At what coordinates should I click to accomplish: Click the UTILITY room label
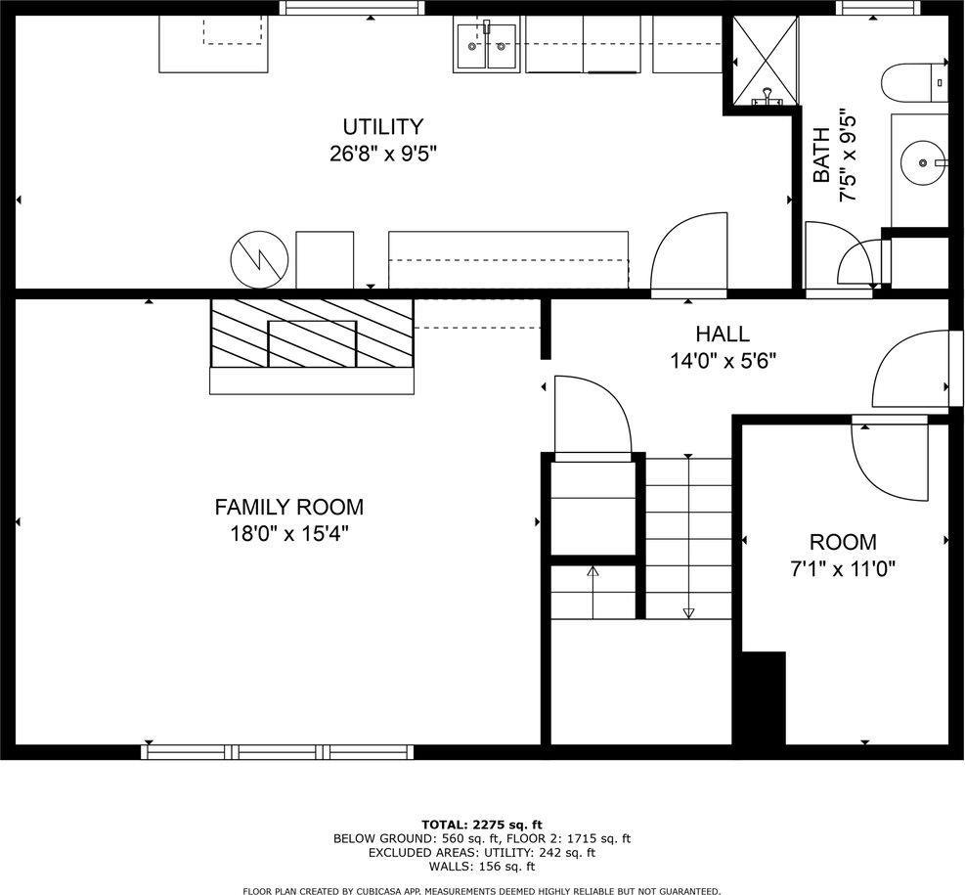(382, 126)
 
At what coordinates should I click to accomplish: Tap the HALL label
(723, 335)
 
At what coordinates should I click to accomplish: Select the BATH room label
(822, 156)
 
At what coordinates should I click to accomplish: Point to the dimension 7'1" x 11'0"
(842, 566)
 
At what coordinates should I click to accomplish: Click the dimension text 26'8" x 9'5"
(382, 153)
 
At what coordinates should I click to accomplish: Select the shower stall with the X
(760, 59)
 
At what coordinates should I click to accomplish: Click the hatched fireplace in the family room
(312, 333)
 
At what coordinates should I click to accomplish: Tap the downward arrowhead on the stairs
(688, 612)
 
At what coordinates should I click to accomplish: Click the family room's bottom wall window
(278, 751)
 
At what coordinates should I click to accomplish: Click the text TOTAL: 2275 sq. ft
(481, 824)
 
